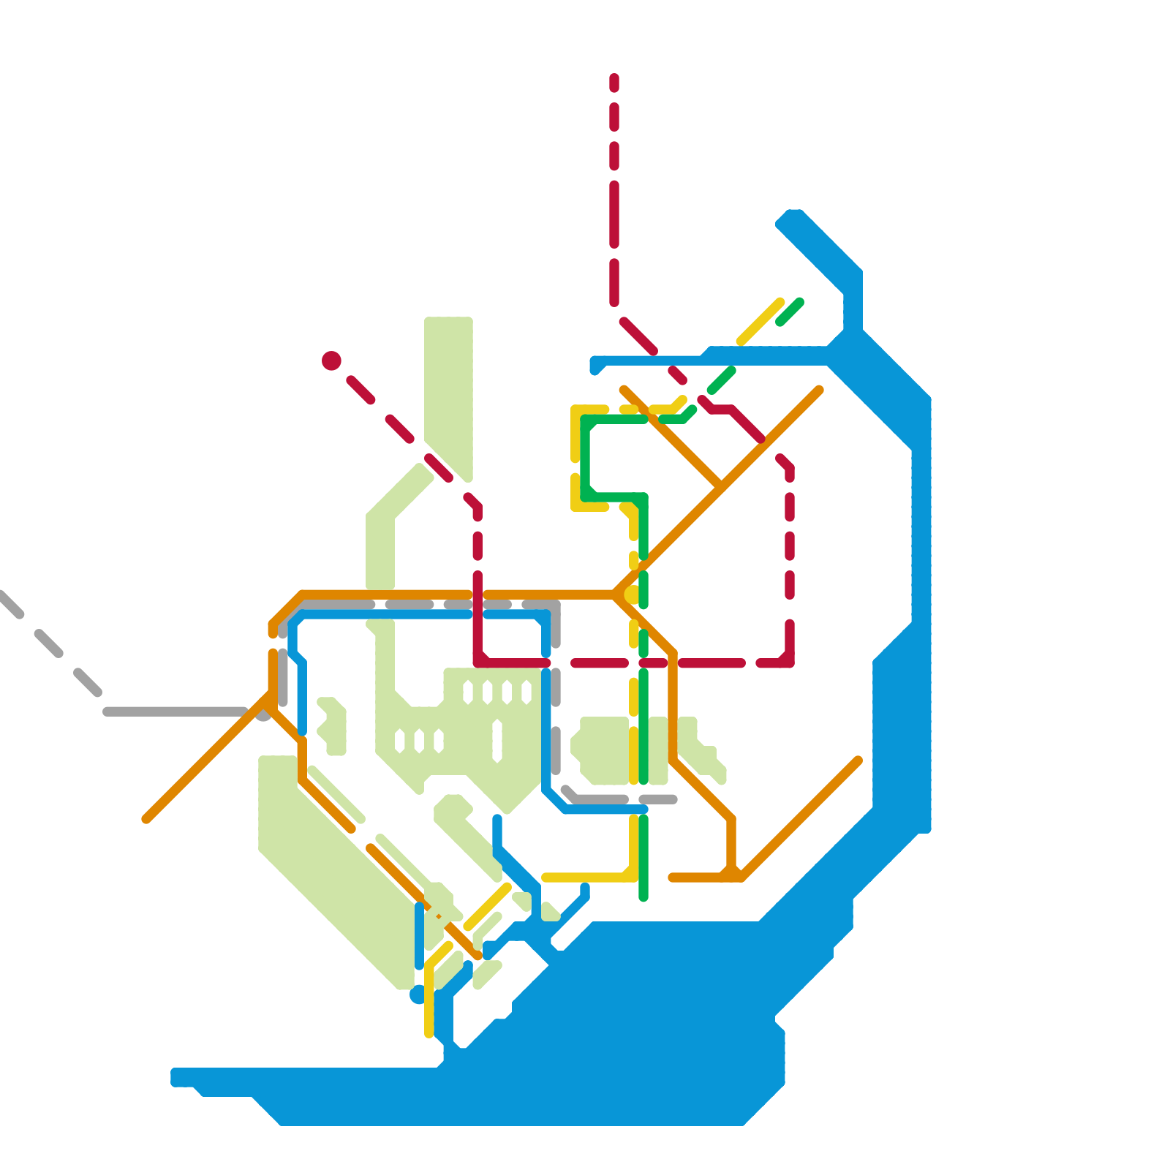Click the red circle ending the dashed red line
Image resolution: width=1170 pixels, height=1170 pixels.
[331, 361]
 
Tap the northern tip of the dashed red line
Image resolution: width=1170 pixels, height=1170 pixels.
[614, 78]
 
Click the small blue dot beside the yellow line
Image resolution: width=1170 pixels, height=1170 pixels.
[418, 994]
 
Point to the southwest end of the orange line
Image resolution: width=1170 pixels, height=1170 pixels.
[147, 819]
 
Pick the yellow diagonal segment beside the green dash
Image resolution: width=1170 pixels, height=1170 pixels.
[760, 322]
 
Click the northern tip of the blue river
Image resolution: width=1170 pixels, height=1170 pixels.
[791, 217]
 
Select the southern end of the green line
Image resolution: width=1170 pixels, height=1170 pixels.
[643, 897]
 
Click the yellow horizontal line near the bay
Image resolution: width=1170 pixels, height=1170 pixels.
[585, 877]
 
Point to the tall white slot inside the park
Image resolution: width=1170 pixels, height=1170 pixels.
[497, 741]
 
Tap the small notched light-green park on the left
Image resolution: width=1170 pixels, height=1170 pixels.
[333, 725]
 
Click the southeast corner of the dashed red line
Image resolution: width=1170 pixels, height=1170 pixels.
[788, 662]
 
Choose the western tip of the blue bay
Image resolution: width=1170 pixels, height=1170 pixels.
[175, 1077]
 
